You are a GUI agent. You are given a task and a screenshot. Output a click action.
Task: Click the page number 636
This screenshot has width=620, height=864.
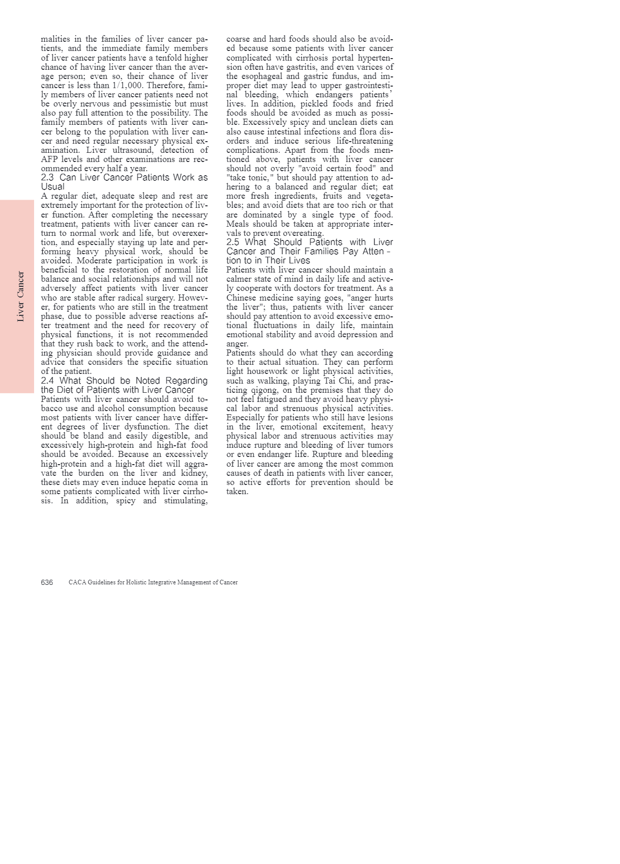[47, 582]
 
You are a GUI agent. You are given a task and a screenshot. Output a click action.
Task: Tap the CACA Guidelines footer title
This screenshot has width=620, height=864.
[153, 582]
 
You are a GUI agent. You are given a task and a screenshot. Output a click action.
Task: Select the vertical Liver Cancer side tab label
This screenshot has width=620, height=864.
[20, 296]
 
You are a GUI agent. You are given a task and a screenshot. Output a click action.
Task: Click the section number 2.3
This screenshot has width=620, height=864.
[47, 177]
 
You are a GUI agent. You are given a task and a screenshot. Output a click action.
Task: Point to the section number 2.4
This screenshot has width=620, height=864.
[47, 381]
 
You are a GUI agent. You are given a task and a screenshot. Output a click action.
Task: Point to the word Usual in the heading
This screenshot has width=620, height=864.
[52, 186]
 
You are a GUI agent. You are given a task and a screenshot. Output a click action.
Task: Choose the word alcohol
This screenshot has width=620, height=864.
[104, 408]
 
